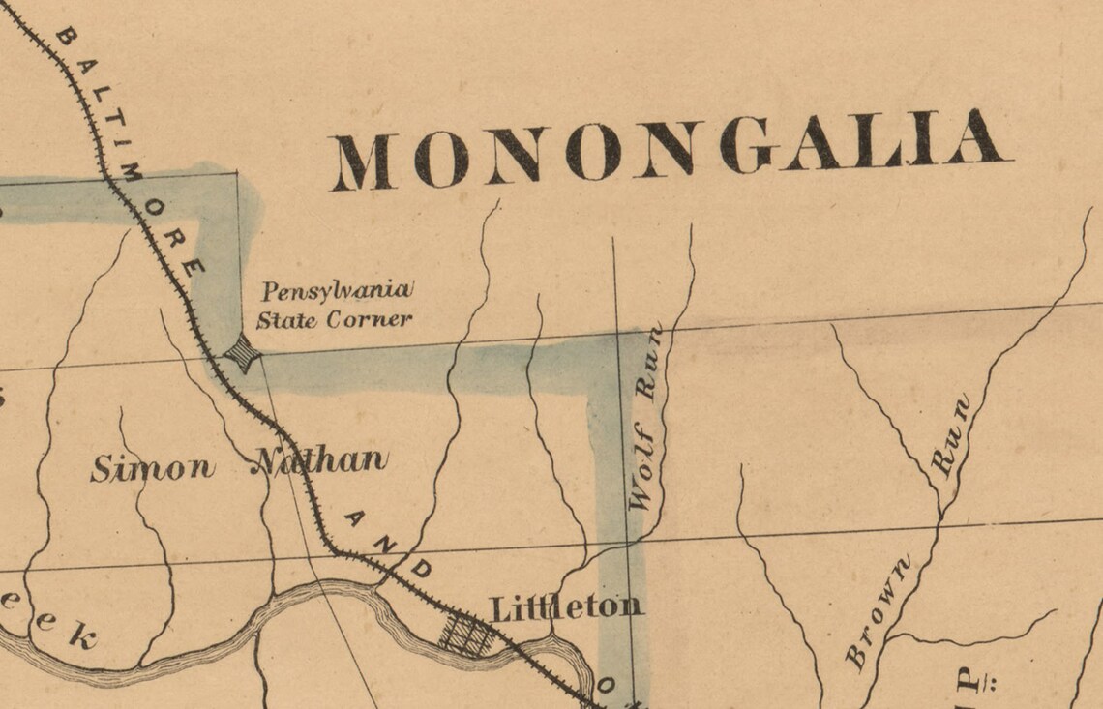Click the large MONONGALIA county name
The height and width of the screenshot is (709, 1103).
point(671,151)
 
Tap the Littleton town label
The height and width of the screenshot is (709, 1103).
point(566,607)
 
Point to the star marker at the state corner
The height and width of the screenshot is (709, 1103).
point(242,355)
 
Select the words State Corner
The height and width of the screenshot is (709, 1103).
point(334,320)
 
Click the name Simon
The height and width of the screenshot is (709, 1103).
point(152,469)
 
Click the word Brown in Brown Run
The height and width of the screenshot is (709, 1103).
point(878,612)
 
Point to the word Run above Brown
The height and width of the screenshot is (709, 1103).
point(950,435)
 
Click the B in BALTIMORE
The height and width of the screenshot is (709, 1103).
point(64,39)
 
